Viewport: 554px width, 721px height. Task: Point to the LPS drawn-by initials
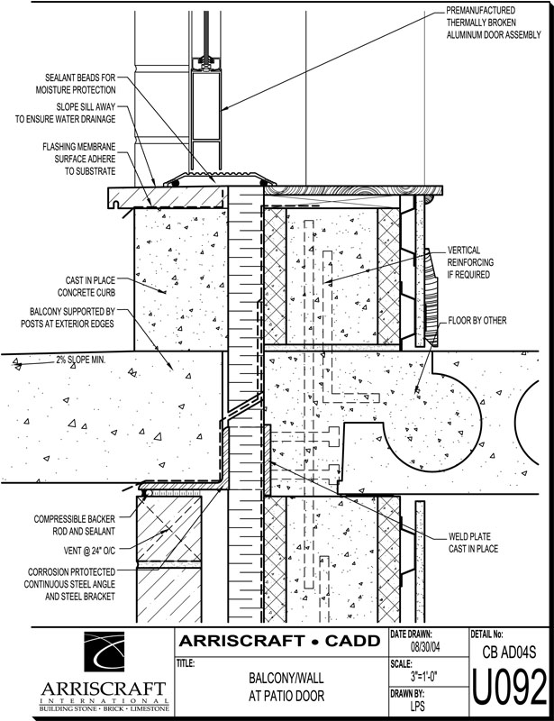[417, 707]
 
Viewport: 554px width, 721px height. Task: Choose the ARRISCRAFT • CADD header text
[278, 642]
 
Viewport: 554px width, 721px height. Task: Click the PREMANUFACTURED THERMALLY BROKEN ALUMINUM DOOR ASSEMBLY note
[494, 23]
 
